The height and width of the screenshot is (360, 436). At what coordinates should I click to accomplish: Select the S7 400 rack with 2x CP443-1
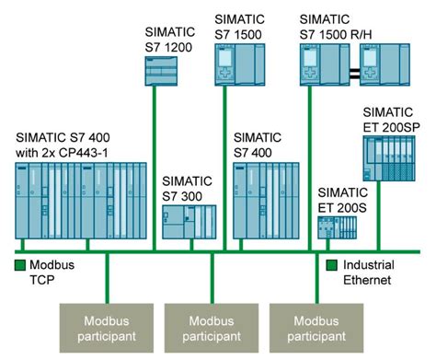(79, 203)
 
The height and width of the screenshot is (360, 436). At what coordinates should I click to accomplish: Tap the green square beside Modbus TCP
(19, 267)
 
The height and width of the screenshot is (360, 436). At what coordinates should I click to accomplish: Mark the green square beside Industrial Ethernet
(332, 267)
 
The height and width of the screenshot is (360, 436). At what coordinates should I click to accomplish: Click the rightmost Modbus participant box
(316, 328)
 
